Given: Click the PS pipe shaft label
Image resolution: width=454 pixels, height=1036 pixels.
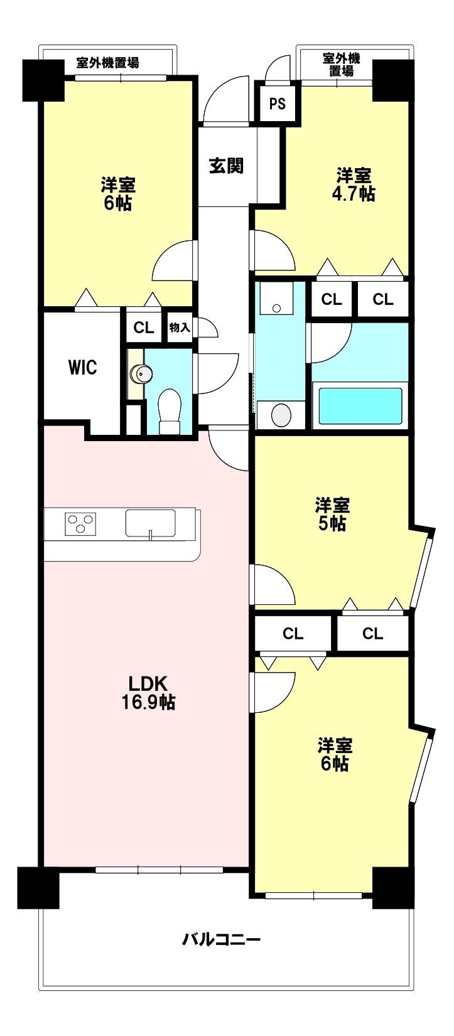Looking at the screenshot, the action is point(277,104).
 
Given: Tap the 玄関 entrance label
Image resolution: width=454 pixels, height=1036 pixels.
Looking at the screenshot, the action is point(226,165).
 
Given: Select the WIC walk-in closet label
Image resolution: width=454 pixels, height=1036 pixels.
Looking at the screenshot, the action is point(83,367).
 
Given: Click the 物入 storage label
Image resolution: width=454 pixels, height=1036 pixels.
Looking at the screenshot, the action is point(180,328).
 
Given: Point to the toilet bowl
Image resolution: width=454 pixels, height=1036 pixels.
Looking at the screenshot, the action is point(168,411).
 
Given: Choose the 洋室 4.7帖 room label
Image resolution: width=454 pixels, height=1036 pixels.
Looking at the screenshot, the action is point(354,184).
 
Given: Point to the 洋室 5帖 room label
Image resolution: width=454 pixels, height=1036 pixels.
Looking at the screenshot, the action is point(332,513).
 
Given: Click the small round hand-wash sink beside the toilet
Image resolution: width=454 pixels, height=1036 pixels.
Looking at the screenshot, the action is point(139,373).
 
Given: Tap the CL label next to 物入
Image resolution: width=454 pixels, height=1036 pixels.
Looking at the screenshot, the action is point(143,328).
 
